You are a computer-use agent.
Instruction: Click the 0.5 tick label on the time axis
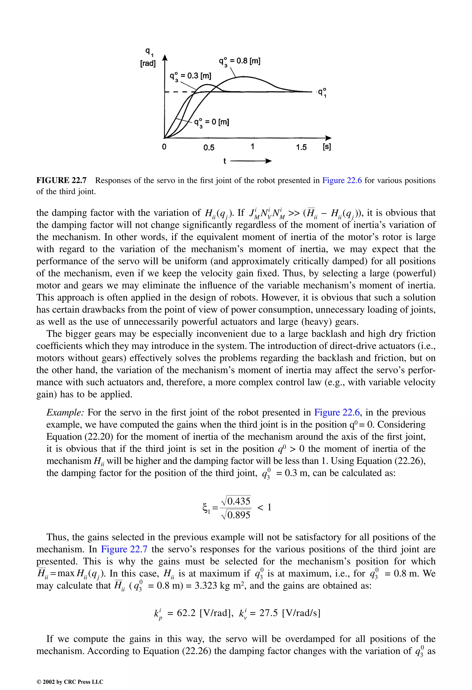tap(209, 148)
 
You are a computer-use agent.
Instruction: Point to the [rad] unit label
tap(148, 64)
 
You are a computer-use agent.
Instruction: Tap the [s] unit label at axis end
tap(327, 147)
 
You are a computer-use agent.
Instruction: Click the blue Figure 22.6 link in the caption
tap(342, 181)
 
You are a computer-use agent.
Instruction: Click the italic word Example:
tap(65, 412)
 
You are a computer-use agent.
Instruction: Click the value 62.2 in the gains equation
tap(186, 613)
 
